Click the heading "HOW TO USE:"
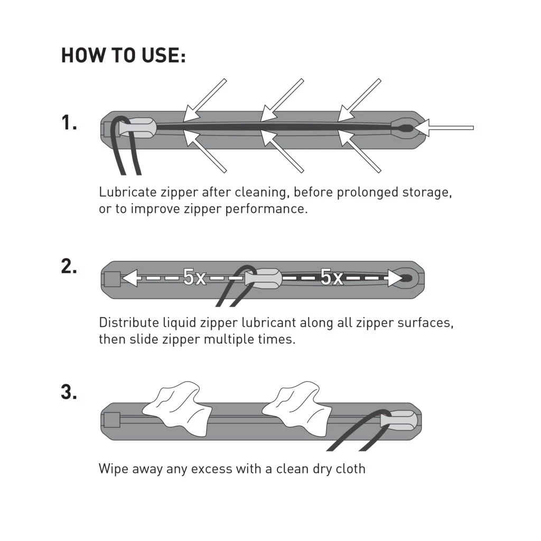123,55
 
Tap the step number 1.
69,123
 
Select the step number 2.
69,267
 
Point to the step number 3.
69,393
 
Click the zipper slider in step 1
138,127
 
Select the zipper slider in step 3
399,420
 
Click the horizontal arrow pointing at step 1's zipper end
443,128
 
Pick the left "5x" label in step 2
194,277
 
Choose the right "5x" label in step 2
332,277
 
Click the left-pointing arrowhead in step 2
130,278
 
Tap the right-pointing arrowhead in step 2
395,278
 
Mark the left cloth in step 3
177,408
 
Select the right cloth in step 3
297,408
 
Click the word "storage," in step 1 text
427,193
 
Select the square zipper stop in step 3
112,421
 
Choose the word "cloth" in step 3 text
351,469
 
